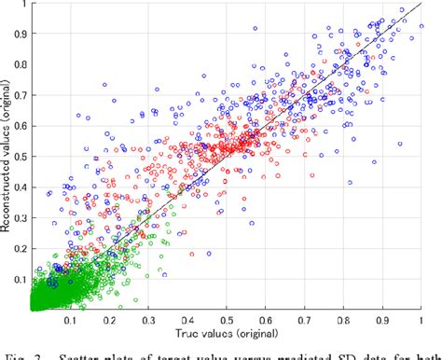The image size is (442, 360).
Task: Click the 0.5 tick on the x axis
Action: (228, 320)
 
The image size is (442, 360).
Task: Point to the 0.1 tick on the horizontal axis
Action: (70, 320)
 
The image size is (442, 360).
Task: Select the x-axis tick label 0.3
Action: (149, 320)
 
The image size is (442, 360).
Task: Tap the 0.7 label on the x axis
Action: (305, 320)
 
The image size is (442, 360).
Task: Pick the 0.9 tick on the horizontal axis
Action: (383, 320)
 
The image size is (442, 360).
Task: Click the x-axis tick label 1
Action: (422, 320)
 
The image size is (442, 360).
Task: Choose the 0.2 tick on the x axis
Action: (109, 320)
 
